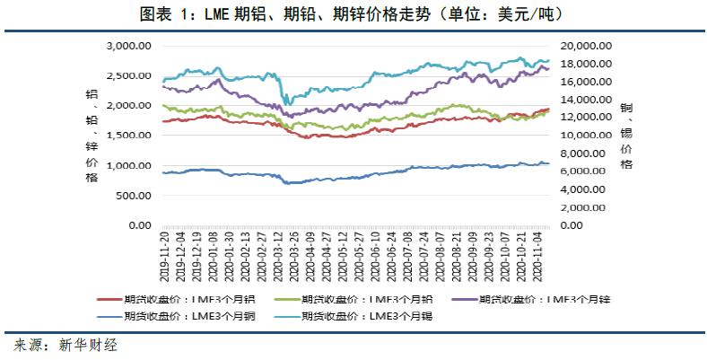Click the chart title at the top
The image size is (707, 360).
click(x=353, y=14)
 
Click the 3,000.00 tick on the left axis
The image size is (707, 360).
click(x=125, y=46)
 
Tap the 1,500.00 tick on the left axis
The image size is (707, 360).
click(x=125, y=136)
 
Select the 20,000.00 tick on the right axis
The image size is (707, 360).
click(x=584, y=46)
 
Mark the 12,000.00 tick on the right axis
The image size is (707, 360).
click(x=584, y=118)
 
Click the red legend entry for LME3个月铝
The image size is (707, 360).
click(x=185, y=299)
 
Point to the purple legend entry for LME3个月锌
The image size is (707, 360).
click(x=536, y=299)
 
